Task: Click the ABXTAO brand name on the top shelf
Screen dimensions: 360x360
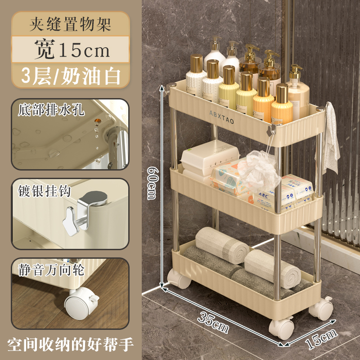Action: [221, 117]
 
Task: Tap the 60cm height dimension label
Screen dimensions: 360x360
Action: [152, 183]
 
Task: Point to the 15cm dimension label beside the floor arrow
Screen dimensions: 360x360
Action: [321, 339]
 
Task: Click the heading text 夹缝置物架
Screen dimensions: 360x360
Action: [71, 24]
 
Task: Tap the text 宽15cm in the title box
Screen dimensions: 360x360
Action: [72, 49]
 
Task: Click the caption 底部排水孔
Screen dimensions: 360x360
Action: [51, 110]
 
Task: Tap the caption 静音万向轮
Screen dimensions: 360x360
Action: [51, 270]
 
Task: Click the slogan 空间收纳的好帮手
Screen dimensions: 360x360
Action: [70, 344]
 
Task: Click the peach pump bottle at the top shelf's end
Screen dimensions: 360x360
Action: [297, 92]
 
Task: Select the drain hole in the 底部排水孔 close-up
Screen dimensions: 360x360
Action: [98, 121]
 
